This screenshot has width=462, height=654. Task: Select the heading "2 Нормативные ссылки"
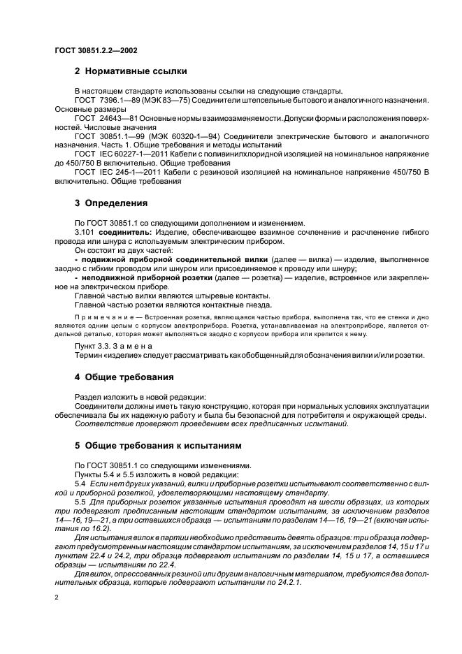click(131, 72)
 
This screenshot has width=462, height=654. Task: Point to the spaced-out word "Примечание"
click(101, 317)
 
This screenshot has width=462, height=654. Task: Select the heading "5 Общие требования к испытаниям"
click(157, 444)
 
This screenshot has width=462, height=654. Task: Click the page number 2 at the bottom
click(57, 599)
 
